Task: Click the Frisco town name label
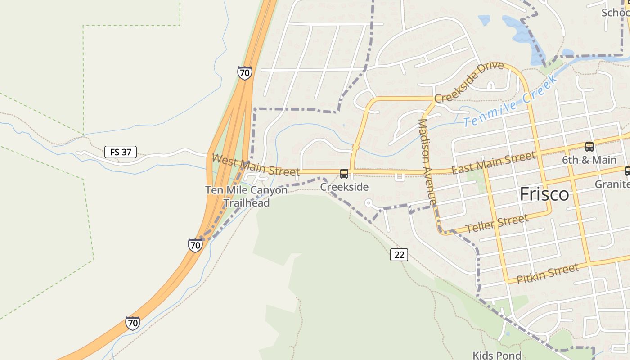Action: click(544, 194)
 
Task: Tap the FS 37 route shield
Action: click(121, 152)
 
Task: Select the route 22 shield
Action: click(399, 255)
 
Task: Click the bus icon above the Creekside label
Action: click(344, 174)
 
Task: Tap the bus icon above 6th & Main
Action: click(589, 147)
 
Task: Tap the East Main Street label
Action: click(494, 163)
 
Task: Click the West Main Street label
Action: click(255, 165)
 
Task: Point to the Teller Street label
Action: click(497, 224)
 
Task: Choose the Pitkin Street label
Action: click(547, 274)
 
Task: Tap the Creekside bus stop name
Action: click(344, 187)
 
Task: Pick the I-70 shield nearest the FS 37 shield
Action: click(245, 72)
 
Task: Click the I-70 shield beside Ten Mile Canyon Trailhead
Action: click(195, 245)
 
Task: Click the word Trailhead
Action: click(247, 203)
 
